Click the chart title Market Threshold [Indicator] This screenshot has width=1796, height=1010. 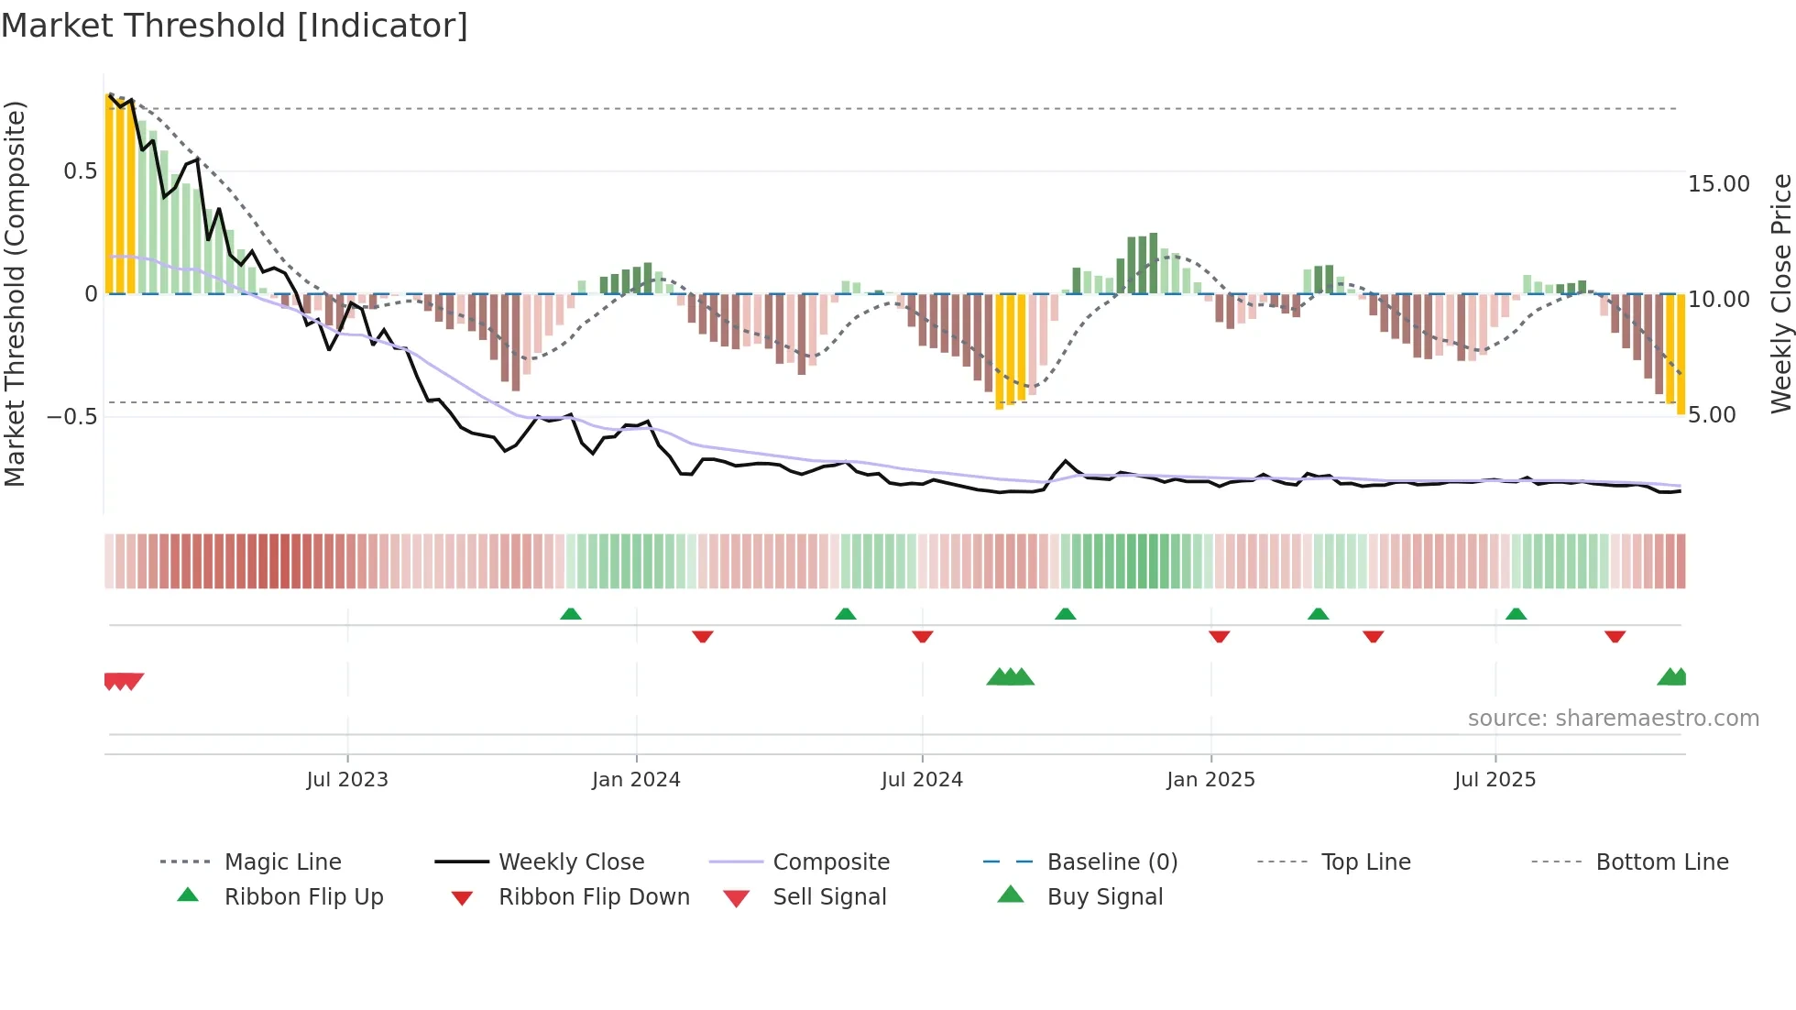[x=235, y=26]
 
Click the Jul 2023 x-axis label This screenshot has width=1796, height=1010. [x=347, y=780]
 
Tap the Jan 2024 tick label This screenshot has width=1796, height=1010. [x=636, y=780]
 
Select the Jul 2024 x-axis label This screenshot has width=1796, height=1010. [x=922, y=780]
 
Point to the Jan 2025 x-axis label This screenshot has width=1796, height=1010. [x=1210, y=780]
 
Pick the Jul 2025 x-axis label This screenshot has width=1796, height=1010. [x=1495, y=780]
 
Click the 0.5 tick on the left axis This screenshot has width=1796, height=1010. [x=80, y=171]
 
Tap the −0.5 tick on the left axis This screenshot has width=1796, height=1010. [x=71, y=417]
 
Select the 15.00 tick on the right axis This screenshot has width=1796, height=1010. [x=1719, y=184]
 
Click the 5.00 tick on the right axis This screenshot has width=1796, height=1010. [x=1712, y=415]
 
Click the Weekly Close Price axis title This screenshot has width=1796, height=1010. [x=1780, y=293]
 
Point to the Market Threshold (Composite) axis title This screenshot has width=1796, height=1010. [x=15, y=293]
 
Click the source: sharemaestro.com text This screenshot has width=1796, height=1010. [x=1613, y=719]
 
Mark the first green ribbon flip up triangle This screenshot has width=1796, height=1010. [x=571, y=614]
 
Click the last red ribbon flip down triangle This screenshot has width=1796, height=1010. [x=1615, y=636]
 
